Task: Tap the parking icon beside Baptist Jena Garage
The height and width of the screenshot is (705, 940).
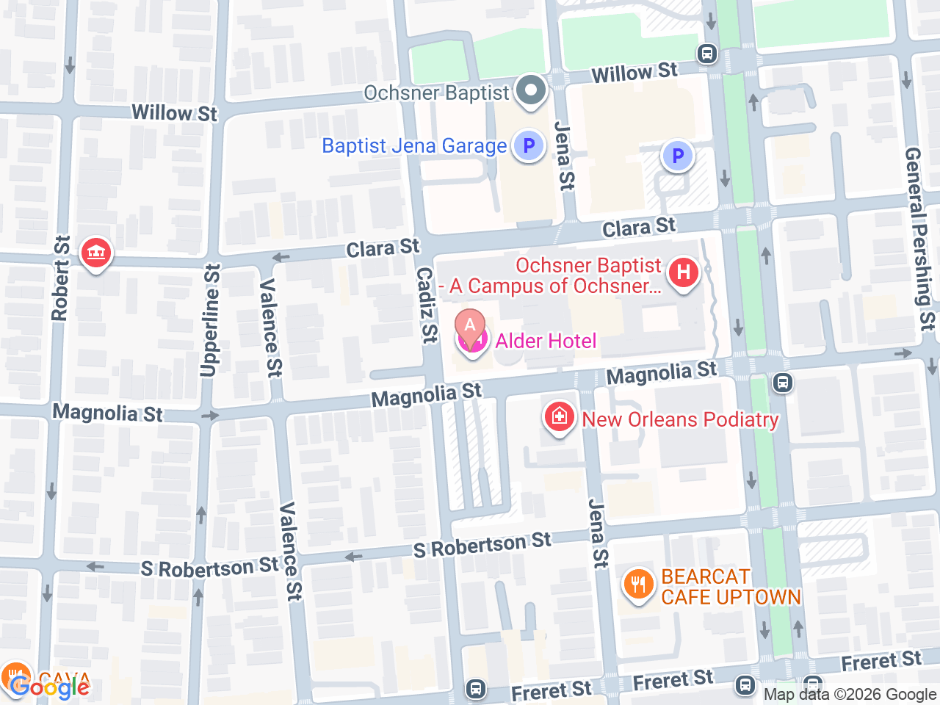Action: [x=528, y=145]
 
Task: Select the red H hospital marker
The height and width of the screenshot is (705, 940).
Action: [x=683, y=273]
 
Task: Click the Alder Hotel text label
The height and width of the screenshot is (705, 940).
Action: [x=546, y=341]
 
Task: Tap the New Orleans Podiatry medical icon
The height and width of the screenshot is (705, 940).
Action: [x=559, y=417]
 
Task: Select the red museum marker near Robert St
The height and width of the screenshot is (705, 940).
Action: [x=95, y=253]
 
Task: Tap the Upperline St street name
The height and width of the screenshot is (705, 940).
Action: [x=210, y=321]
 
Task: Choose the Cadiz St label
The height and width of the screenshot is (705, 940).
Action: [x=427, y=304]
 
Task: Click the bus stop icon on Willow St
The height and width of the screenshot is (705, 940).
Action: [x=707, y=54]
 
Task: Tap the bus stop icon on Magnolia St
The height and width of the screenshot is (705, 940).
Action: [x=783, y=383]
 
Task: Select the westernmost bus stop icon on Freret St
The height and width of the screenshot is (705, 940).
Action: [x=476, y=689]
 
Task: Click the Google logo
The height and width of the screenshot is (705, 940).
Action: [x=50, y=687]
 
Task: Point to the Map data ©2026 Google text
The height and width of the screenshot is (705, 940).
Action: [x=850, y=694]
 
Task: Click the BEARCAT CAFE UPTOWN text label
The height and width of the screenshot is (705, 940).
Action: [x=730, y=587]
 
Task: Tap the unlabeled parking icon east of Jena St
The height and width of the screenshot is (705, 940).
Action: [x=677, y=156]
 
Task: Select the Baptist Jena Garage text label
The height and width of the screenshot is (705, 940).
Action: [x=414, y=146]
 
